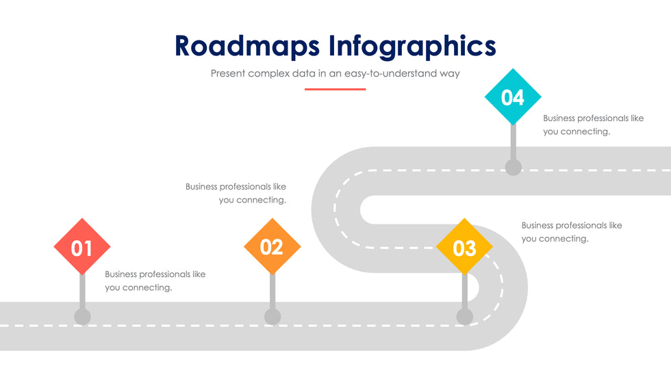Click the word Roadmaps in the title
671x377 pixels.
tap(247, 45)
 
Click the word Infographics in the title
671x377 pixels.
tap(412, 47)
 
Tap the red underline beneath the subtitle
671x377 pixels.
tap(335, 89)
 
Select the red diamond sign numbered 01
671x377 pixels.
tap(82, 247)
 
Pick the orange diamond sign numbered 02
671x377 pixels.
tap(272, 246)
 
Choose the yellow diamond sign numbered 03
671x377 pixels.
tap(464, 247)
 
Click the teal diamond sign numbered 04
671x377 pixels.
tap(512, 97)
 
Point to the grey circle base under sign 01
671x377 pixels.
tap(82, 316)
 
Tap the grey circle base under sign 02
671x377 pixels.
tap(273, 316)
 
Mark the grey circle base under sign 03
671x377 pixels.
tap(464, 316)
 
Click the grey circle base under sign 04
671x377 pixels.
tap(513, 166)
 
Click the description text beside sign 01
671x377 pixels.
tap(155, 281)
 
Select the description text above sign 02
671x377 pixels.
tap(236, 193)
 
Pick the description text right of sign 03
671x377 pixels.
tap(571, 232)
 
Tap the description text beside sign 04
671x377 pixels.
tap(593, 125)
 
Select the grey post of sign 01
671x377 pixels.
tap(82, 291)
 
